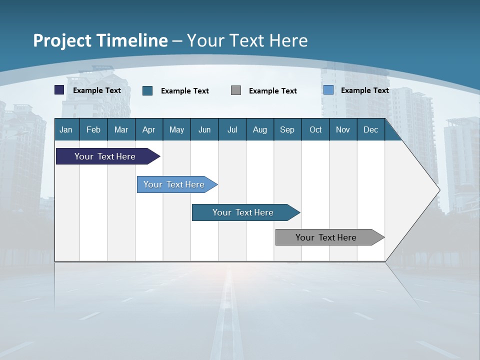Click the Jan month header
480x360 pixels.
[66, 130]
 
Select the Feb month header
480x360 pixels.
[93, 130]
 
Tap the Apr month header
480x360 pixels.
[148, 130]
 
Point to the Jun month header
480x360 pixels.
[204, 130]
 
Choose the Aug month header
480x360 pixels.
[259, 130]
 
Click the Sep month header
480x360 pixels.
[287, 130]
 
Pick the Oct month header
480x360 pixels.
[315, 130]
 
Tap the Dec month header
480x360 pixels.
[370, 130]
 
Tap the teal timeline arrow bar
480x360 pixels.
[243, 212]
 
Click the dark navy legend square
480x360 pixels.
[59, 90]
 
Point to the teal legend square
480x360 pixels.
[147, 90]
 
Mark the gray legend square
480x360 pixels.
[236, 90]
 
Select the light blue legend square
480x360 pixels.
[328, 90]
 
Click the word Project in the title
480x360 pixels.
[62, 40]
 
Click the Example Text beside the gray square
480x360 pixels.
[273, 91]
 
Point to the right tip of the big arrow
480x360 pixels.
[439, 190]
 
